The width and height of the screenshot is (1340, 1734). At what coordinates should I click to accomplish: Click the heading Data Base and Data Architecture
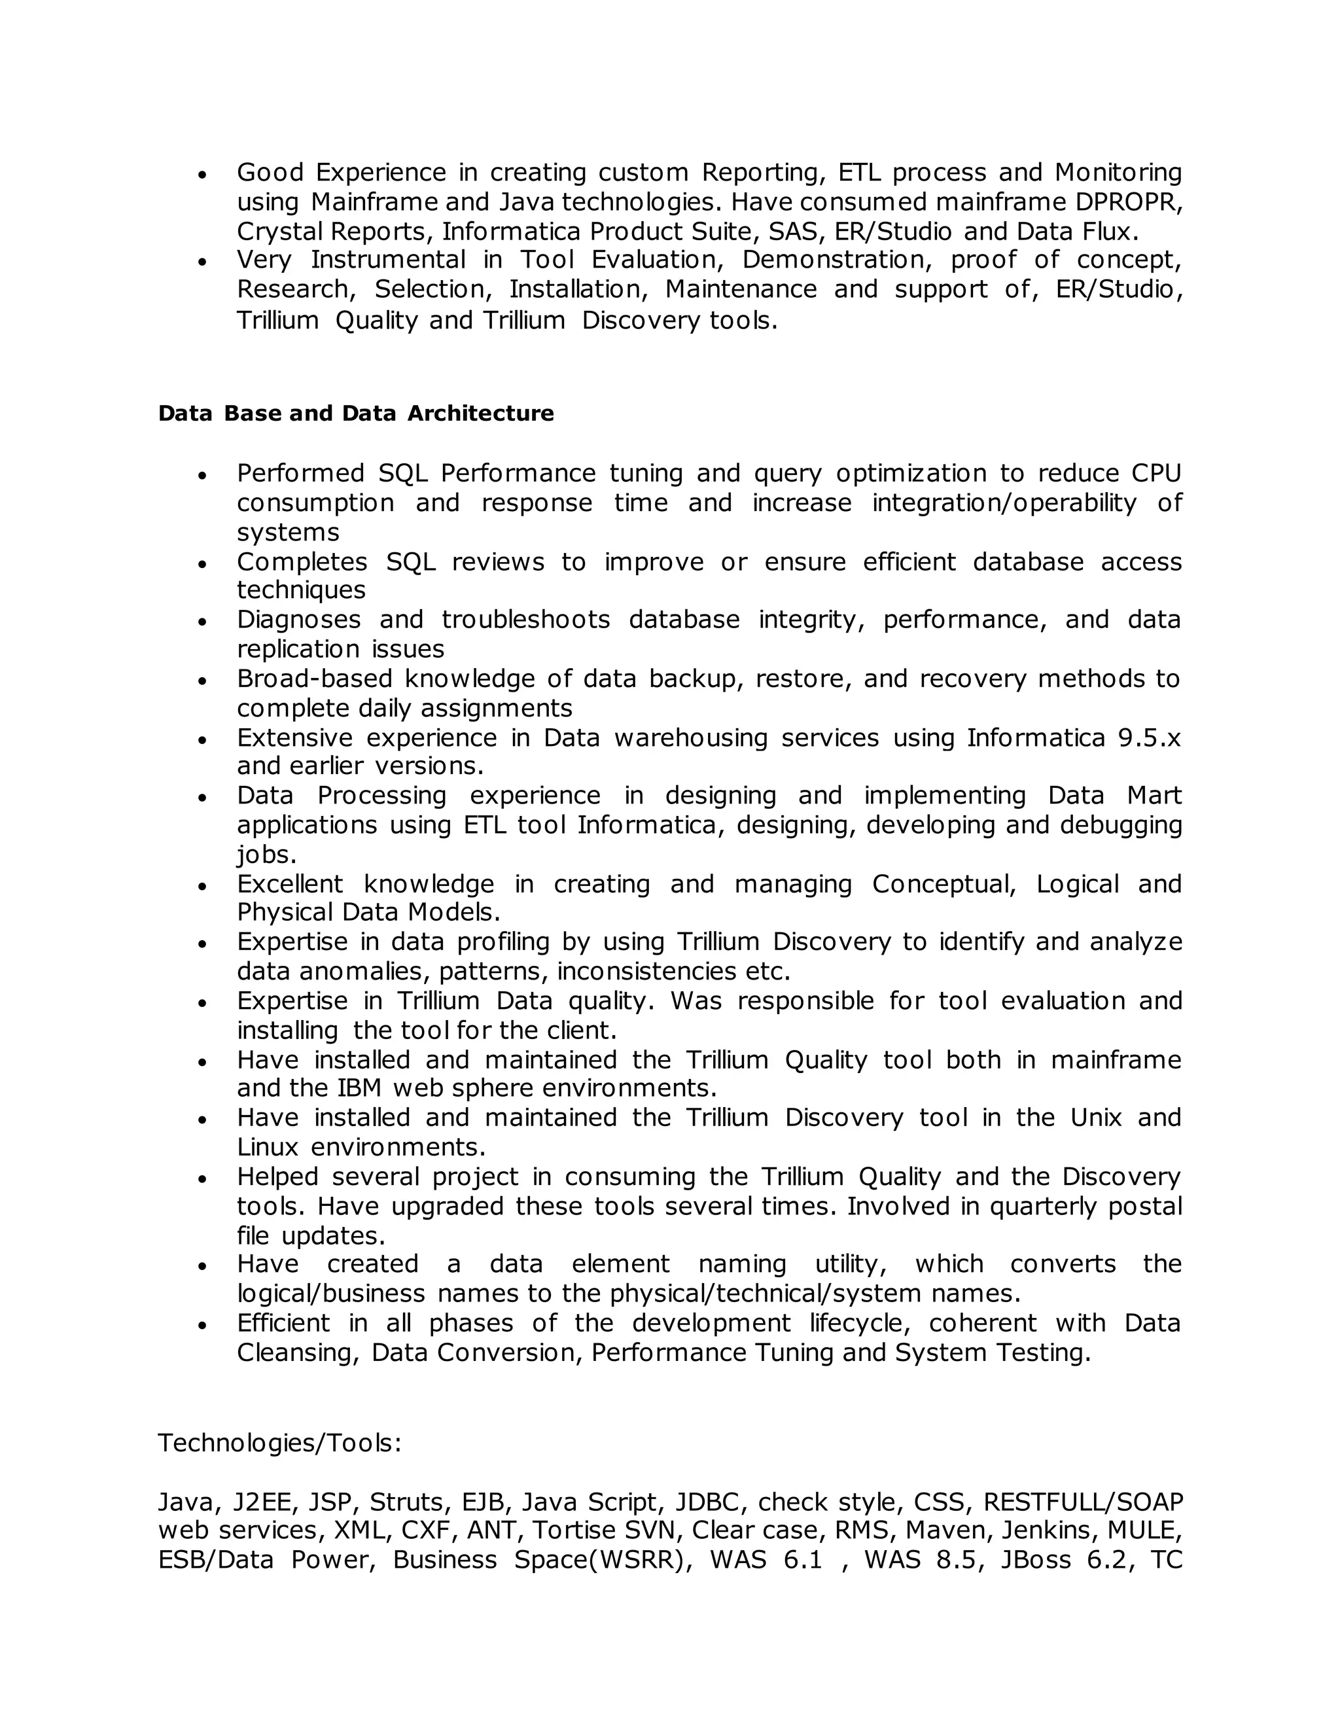356,414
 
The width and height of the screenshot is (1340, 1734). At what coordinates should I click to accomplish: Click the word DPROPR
1128,202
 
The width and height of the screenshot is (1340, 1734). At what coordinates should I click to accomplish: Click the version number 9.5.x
1150,737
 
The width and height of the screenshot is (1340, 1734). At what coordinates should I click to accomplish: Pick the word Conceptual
944,883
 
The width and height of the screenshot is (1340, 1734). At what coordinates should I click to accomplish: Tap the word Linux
268,1147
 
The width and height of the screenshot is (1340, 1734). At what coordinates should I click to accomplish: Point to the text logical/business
330,1294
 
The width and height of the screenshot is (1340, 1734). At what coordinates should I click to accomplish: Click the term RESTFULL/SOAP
1083,1502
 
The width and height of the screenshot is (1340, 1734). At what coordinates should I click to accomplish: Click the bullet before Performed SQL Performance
202,476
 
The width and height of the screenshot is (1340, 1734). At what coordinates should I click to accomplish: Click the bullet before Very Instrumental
202,262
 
